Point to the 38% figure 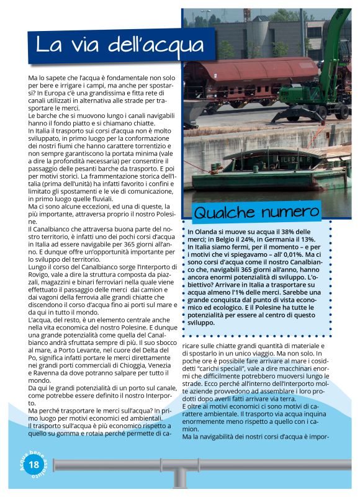[x=299, y=231]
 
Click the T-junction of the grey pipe [x=179, y=471]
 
